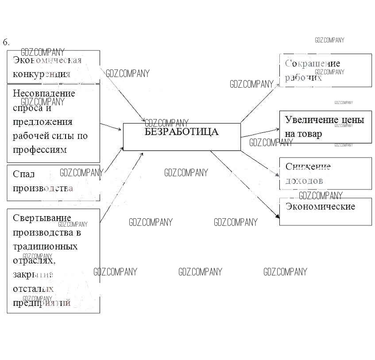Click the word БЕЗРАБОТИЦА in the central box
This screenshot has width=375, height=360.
click(x=182, y=132)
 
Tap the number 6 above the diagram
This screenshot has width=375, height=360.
click(x=5, y=43)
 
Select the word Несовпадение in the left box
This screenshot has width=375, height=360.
click(x=44, y=93)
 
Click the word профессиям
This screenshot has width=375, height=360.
click(x=40, y=149)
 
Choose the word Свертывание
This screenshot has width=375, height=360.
click(x=42, y=218)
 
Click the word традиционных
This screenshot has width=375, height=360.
click(x=45, y=246)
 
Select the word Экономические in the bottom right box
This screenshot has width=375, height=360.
click(x=320, y=206)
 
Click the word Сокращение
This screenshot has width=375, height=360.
click(x=313, y=63)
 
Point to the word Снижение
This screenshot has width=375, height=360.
click(x=308, y=167)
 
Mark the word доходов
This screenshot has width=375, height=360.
click(x=304, y=181)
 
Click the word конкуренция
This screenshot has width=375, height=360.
click(x=42, y=74)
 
